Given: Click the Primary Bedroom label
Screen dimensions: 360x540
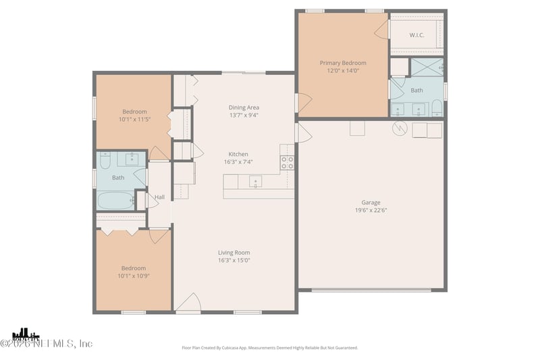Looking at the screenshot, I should click(x=343, y=62).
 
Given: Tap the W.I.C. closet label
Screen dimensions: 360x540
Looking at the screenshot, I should click(x=416, y=34).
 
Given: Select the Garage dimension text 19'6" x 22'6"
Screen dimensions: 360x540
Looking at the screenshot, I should click(x=371, y=210).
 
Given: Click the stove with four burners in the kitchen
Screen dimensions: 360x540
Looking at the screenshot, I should click(x=288, y=162).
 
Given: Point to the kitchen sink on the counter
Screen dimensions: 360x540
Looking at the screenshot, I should click(x=255, y=180).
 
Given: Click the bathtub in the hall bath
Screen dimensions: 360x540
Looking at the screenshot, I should click(x=116, y=200).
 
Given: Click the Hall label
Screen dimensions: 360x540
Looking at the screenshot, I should click(x=159, y=197).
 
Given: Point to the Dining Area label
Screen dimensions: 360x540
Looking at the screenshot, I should click(x=244, y=107).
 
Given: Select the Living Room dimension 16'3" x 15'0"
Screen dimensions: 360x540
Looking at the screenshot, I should click(x=234, y=261).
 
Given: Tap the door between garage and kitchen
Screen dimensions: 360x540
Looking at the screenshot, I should click(x=303, y=132).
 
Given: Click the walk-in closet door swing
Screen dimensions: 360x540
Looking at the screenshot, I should click(x=383, y=28).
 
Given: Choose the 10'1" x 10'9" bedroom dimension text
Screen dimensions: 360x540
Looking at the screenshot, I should click(x=133, y=276).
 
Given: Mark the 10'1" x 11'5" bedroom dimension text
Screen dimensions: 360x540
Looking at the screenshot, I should click(x=134, y=120).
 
